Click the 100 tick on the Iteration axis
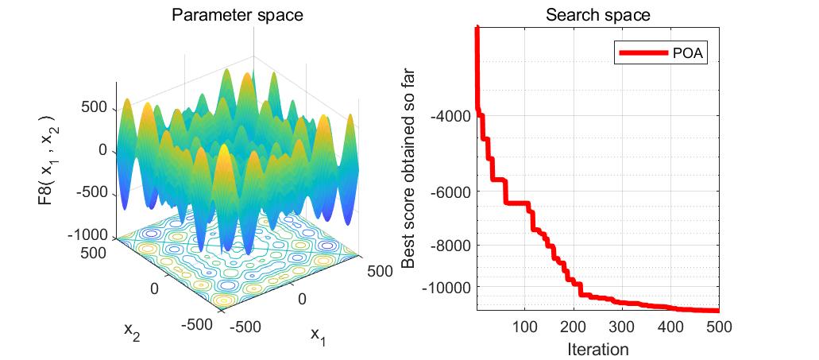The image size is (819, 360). pos(524,326)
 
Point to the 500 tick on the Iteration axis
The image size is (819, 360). pos(717,326)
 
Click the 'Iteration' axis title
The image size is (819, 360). pos(597,348)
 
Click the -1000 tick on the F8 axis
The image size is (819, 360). pos(89,235)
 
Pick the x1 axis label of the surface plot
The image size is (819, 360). pos(318,337)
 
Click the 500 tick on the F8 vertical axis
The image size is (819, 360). pos(95,107)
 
